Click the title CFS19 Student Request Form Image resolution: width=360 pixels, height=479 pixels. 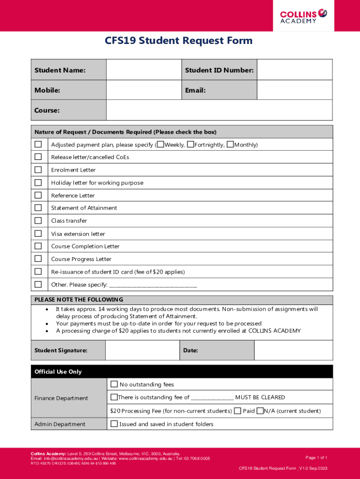[178, 41]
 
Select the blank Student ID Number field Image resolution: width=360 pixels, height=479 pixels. [295, 70]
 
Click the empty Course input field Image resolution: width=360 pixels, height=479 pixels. [219, 110]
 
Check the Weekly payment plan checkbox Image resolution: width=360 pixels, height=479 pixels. [160, 144]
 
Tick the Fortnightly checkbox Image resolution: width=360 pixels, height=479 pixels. [190, 144]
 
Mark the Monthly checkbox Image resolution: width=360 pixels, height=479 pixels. [230, 144]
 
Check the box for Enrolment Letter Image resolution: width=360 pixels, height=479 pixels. [38, 170]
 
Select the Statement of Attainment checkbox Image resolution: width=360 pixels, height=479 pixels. [38, 208]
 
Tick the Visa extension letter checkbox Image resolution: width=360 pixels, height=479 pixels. [38, 233]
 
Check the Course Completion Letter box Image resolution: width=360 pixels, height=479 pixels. [38, 246]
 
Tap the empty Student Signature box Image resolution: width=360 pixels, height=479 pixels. [142, 350]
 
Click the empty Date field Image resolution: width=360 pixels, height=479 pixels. [293, 350]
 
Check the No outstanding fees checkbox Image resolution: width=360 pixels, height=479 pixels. [114, 384]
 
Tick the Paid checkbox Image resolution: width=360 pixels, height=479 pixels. [238, 411]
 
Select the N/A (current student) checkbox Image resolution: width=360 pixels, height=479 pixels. [260, 411]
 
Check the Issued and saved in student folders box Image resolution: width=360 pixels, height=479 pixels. [114, 424]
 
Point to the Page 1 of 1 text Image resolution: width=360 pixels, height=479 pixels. [316, 457]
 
